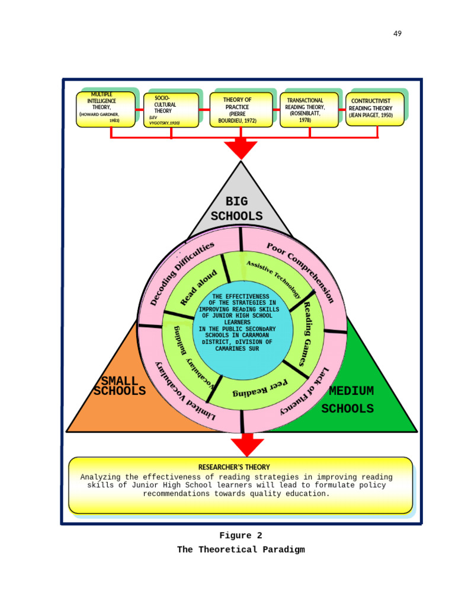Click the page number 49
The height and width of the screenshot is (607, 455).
click(397, 34)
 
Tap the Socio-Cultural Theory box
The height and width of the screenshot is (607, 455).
click(171, 110)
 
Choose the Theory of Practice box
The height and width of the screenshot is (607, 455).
click(241, 110)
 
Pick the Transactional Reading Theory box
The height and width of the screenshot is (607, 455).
click(309, 110)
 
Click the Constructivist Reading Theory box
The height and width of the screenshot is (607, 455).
click(374, 109)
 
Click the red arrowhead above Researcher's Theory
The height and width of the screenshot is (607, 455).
click(247, 446)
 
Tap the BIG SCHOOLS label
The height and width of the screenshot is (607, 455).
click(236, 209)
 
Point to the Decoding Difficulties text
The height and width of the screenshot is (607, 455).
click(181, 273)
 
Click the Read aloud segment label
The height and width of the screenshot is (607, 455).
click(198, 287)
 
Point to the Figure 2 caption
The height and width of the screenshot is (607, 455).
click(241, 536)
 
